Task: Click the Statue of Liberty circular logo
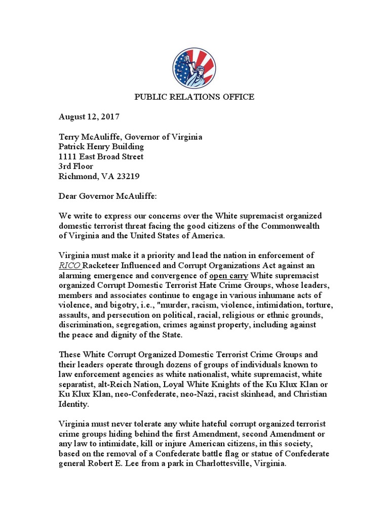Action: [194, 68]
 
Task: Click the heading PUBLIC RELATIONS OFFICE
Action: [194, 97]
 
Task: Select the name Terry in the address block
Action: [69, 137]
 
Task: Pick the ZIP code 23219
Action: [128, 177]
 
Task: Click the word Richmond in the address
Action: [77, 177]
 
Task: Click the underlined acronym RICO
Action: [69, 266]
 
